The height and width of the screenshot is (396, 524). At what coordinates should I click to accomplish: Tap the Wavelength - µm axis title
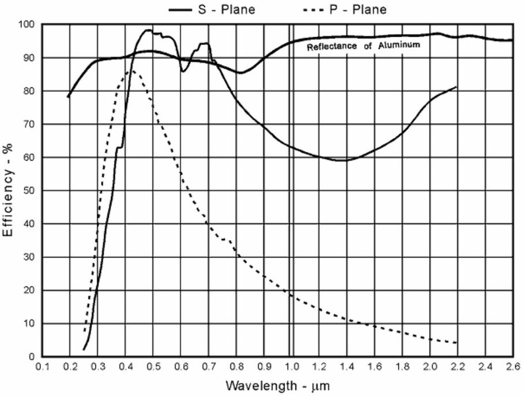(x=276, y=384)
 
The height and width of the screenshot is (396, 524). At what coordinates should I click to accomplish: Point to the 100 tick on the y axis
(x=28, y=24)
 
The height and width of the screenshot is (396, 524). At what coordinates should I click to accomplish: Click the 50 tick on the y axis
(x=31, y=191)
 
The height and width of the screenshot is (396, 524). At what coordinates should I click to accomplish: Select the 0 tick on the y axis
(x=34, y=357)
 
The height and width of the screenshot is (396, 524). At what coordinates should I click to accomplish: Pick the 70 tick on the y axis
(x=31, y=124)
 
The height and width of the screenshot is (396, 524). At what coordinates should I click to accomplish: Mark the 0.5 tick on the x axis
(x=153, y=366)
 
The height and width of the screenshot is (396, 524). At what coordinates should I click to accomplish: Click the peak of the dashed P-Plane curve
(x=132, y=70)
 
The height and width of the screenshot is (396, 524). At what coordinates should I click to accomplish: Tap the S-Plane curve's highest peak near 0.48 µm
(x=148, y=30)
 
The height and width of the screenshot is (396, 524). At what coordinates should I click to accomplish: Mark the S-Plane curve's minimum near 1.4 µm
(x=343, y=160)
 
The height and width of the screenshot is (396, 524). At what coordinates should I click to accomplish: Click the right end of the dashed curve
(x=456, y=343)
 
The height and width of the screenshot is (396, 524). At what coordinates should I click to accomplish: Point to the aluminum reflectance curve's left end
(x=68, y=97)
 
